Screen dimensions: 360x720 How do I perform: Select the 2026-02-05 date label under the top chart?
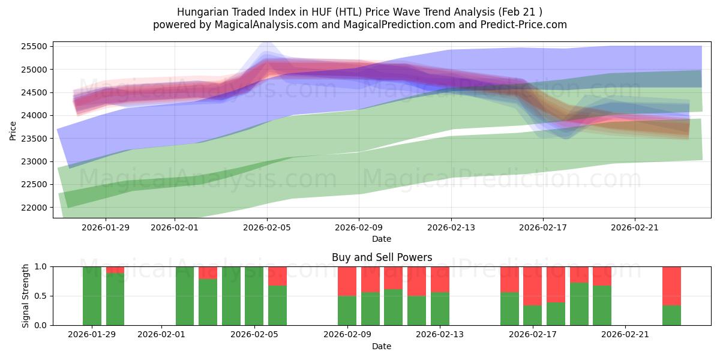(267, 227)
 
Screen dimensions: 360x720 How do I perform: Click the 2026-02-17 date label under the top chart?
(543, 227)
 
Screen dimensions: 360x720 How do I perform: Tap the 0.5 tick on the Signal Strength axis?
(42, 296)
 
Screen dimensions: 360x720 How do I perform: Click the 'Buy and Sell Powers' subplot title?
(382, 257)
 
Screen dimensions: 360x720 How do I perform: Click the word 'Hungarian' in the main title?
(200, 12)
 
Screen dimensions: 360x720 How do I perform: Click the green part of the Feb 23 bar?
(671, 315)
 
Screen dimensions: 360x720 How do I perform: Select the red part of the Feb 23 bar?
(671, 286)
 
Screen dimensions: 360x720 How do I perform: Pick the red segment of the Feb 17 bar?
(532, 286)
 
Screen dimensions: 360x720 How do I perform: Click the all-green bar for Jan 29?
(92, 296)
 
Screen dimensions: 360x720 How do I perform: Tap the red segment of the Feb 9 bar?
(347, 281)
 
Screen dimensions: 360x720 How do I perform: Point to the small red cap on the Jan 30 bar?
(115, 270)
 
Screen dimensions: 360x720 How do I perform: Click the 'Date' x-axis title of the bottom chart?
(382, 346)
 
